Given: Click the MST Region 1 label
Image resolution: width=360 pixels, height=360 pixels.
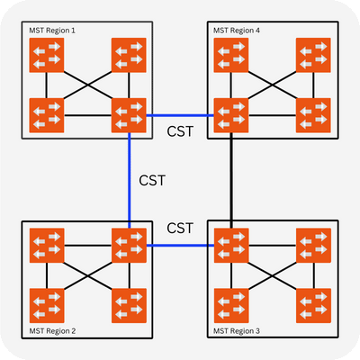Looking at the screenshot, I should coord(56,30).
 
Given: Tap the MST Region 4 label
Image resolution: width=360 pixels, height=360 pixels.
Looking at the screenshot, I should coord(237,30).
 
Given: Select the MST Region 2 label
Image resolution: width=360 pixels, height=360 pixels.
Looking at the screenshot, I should coord(56,331).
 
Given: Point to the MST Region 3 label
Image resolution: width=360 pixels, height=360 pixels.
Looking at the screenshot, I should coord(237,331).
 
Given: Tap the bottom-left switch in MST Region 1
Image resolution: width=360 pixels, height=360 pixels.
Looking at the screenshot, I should coord(46,114).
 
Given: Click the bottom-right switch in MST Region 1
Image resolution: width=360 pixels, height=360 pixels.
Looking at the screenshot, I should coord(128,114).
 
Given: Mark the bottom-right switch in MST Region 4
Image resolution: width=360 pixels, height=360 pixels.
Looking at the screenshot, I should coord(312,114).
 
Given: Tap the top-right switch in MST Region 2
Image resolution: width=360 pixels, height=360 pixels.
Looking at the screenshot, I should coord(128,245).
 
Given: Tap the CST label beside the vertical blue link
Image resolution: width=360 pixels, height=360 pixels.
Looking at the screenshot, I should coord(153,181).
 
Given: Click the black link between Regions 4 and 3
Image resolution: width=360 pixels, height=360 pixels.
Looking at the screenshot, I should coord(232,180).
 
